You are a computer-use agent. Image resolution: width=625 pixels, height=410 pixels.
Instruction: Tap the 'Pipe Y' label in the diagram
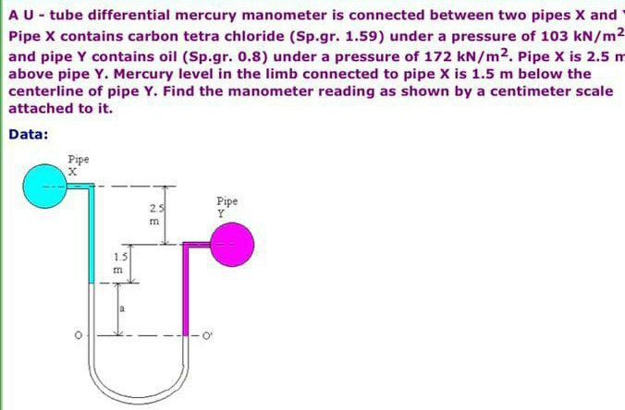point(227,205)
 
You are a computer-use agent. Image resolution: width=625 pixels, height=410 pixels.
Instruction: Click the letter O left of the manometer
point(79,333)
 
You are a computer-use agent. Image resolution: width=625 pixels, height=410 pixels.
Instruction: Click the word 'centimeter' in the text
point(485,91)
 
